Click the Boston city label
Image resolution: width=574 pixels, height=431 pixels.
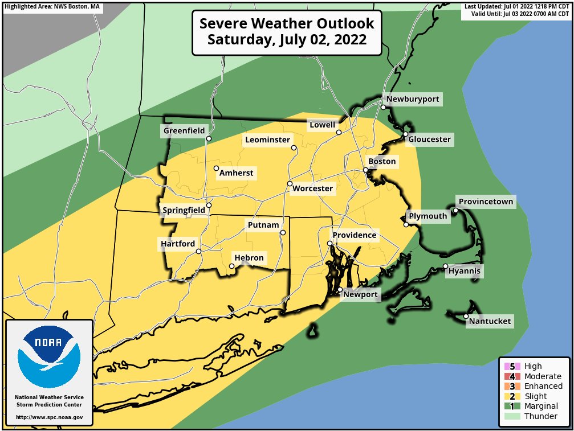382,162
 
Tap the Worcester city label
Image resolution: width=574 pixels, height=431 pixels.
312,188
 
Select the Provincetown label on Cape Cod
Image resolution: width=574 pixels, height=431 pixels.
486,202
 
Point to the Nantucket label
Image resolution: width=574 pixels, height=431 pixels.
490,322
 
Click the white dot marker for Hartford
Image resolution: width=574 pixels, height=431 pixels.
198,251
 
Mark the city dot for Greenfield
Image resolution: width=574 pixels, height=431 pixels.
209,138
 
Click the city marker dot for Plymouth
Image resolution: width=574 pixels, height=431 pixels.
406,224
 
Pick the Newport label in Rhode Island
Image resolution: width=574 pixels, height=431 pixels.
360,294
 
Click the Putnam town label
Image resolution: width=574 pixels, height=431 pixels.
263,225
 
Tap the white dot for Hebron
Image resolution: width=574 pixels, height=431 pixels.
232,266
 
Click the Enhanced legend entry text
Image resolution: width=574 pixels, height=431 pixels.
543,386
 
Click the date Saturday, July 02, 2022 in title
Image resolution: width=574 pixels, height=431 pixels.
287,40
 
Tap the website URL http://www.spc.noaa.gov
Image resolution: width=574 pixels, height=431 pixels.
49,417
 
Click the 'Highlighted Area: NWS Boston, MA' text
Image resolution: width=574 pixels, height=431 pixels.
52,7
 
